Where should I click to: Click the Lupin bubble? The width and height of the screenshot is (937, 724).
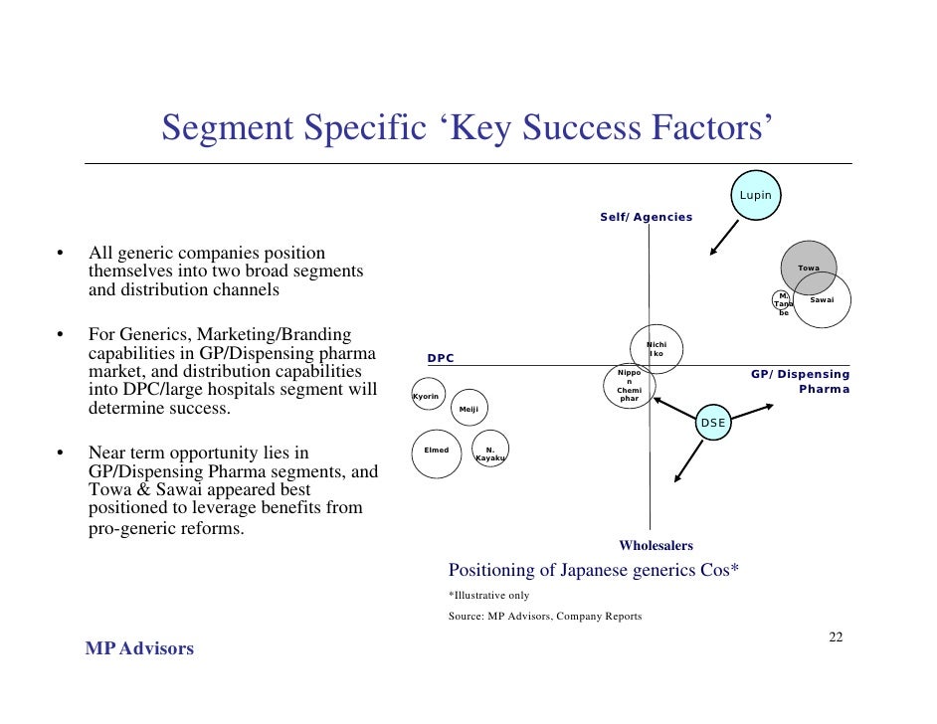pyautogui.click(x=756, y=195)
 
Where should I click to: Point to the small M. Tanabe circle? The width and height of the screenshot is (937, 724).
pyautogui.click(x=784, y=303)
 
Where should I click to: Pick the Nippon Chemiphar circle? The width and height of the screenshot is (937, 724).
pyautogui.click(x=630, y=387)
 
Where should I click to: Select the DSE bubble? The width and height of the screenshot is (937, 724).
pyautogui.click(x=714, y=423)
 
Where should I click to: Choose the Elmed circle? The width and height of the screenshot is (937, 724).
pyautogui.click(x=437, y=451)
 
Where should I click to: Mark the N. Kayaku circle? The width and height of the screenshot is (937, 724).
pyautogui.click(x=489, y=453)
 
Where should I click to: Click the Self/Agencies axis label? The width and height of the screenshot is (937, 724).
pyautogui.click(x=646, y=217)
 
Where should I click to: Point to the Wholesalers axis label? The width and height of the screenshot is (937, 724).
pyautogui.click(x=656, y=545)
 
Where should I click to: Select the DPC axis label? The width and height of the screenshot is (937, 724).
pyautogui.click(x=440, y=358)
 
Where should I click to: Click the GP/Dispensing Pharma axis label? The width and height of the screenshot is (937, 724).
pyautogui.click(x=801, y=381)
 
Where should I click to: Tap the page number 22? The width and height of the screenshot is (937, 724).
pyautogui.click(x=836, y=637)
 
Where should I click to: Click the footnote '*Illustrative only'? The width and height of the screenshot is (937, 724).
pyautogui.click(x=488, y=595)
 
